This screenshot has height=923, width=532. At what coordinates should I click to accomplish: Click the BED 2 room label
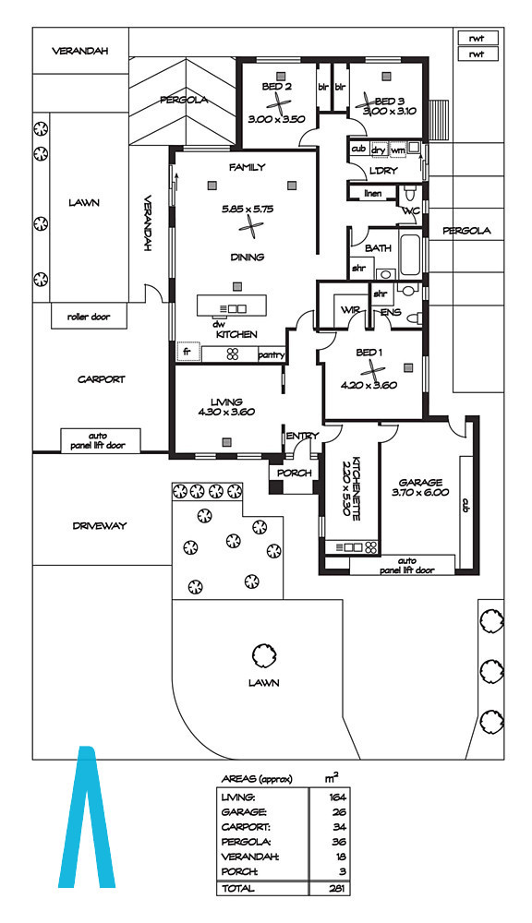[276, 87]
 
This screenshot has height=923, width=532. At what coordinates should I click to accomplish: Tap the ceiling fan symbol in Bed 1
[371, 369]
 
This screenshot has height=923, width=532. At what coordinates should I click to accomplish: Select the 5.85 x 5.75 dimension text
[248, 209]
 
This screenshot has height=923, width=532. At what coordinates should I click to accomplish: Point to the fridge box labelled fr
[188, 352]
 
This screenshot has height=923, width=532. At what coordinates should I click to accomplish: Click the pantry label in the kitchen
[272, 355]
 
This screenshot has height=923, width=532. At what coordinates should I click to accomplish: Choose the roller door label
[89, 317]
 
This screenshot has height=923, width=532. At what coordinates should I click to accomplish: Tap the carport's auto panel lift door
[100, 440]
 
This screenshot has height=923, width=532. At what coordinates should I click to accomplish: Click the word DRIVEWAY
[100, 526]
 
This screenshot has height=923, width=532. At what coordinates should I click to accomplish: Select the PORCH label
[294, 473]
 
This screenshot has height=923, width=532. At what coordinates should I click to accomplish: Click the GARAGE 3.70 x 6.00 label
[420, 487]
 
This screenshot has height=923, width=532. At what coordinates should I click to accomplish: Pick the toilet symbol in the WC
[409, 193]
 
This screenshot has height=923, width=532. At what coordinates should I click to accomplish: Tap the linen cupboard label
[373, 193]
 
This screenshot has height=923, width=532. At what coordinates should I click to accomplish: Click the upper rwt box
[478, 38]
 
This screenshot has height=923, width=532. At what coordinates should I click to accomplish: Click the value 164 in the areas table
[338, 797]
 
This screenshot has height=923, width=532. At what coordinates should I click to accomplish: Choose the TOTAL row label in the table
[238, 888]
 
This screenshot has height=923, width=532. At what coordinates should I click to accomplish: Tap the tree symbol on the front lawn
[263, 654]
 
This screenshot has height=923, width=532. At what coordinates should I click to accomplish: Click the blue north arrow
[87, 817]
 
